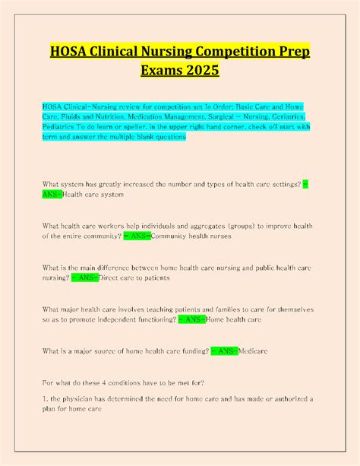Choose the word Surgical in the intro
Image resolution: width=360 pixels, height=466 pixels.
point(206,117)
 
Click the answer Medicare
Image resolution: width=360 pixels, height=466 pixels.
point(254,351)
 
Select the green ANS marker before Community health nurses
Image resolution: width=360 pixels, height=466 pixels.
point(137,236)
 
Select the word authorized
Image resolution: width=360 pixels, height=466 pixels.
point(286,398)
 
